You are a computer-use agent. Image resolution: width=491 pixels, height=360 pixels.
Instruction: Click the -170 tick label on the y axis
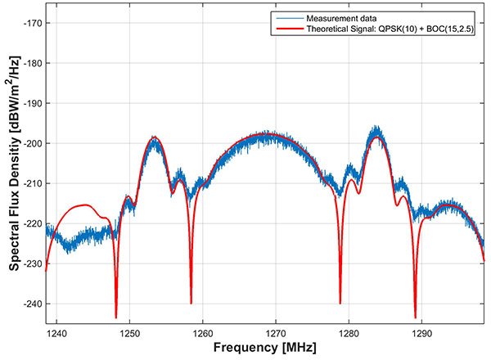coord(33,23)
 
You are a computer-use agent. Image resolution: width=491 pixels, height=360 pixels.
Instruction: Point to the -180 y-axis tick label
coord(33,63)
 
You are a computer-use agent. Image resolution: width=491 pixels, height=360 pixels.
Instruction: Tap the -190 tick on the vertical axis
coord(33,103)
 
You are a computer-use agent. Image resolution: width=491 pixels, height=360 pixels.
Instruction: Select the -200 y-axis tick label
coord(33,143)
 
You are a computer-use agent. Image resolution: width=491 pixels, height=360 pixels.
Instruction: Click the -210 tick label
coord(33,183)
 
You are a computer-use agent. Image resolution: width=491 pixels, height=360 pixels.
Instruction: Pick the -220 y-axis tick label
coord(33,223)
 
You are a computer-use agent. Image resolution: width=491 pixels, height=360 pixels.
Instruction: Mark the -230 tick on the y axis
coord(33,263)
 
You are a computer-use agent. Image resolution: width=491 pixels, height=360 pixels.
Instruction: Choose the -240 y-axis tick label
coord(33,304)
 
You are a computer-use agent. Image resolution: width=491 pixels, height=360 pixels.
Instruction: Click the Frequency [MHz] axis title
coord(265,349)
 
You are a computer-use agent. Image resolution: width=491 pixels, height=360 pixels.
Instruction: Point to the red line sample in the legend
coord(287,30)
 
